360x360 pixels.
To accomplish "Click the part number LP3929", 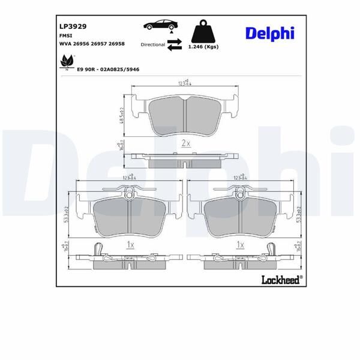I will point(72,26).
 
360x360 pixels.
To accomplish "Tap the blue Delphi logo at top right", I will point(269,33).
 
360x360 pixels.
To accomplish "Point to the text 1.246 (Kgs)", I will point(203,47).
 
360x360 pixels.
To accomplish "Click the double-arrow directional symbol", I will point(175,44).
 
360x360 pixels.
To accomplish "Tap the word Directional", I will point(152,45).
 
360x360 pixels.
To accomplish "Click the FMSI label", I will point(65,36).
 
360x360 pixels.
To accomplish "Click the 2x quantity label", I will point(185,143).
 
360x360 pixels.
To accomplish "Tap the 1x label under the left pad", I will point(130,245).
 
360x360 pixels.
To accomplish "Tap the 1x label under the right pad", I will point(240,245).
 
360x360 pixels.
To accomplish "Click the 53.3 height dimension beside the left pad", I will point(67,214).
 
